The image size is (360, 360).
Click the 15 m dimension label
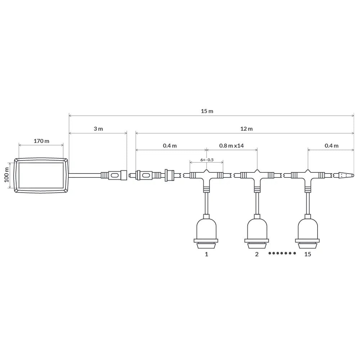coord(207,111)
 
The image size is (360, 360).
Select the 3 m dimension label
coord(98,129)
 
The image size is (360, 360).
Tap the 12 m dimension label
coord(246,129)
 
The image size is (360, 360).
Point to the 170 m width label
coord(41,141)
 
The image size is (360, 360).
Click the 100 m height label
coord(6,175)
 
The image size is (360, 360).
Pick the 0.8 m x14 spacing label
coord(231,145)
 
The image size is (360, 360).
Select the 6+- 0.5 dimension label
coord(207,160)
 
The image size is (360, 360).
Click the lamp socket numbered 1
coord(206,231)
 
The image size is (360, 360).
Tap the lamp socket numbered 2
coord(257,231)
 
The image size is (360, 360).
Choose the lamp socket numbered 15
coord(307,231)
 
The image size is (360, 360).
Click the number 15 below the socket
coord(307,254)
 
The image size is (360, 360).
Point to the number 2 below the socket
coord(257,254)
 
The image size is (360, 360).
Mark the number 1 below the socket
coord(206,254)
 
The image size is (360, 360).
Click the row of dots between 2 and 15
coord(282,253)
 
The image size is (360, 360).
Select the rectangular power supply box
coord(41,175)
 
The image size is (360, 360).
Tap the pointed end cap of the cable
coord(346,175)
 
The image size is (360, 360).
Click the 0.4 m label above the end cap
coord(331,145)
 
